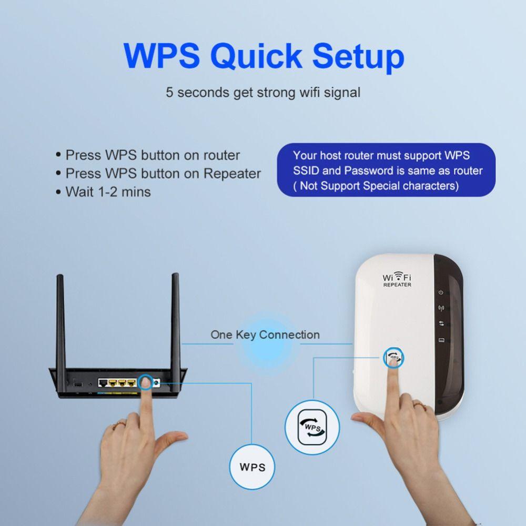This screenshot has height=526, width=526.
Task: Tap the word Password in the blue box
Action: tap(366, 170)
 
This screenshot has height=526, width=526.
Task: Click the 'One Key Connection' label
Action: tap(265, 335)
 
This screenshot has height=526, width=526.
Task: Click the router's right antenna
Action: tap(176, 320)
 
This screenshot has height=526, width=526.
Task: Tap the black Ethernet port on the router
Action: tap(104, 382)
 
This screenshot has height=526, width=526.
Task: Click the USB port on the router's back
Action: tap(77, 385)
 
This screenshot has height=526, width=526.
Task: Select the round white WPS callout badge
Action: tap(252, 467)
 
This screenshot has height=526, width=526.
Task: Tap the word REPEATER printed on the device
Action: tap(397, 285)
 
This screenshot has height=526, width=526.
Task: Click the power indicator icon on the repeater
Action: tap(441, 292)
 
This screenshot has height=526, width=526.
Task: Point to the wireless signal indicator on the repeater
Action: tap(441, 308)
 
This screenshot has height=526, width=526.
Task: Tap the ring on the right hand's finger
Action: tap(419, 404)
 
